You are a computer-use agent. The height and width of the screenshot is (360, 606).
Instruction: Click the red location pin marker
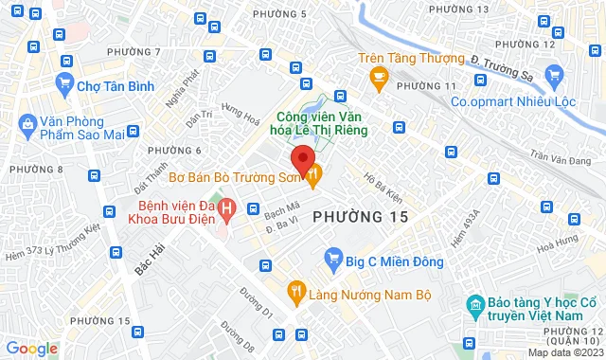301,159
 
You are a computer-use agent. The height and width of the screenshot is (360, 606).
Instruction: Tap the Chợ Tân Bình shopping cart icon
64,84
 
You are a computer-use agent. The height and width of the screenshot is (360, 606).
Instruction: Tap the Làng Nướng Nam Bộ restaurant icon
297,293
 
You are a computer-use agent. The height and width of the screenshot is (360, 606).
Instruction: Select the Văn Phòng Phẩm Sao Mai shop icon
26,123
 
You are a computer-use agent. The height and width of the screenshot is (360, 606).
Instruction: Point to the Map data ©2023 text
564,352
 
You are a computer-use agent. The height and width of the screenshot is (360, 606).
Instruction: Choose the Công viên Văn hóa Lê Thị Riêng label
283,124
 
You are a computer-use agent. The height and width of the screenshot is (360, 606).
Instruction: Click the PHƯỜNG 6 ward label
175,151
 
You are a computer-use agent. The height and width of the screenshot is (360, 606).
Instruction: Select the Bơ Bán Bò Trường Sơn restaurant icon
315,173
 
